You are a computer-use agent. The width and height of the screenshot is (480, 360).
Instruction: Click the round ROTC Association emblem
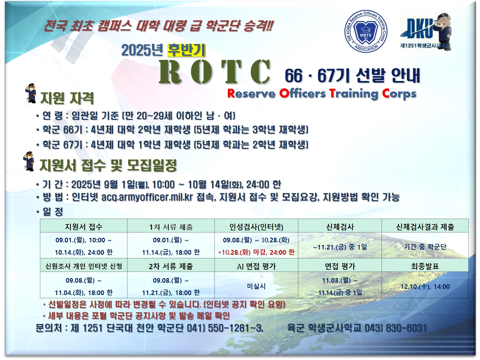click(x=366, y=31)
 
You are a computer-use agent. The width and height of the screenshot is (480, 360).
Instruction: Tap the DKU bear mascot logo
click(x=425, y=31)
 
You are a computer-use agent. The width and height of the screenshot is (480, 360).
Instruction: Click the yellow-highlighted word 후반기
click(x=186, y=50)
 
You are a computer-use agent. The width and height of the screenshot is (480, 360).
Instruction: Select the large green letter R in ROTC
click(x=170, y=72)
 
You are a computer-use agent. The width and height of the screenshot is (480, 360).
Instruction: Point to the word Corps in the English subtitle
click(x=399, y=94)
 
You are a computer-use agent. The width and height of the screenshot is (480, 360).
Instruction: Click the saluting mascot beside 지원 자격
click(x=31, y=93)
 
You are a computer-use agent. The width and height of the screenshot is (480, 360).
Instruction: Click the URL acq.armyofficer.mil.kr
click(x=147, y=197)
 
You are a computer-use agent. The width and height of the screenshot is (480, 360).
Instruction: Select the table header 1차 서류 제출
click(x=171, y=227)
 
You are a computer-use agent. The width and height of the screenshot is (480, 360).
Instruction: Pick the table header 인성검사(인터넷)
click(x=256, y=227)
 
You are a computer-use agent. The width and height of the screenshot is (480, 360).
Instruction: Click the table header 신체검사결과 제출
click(x=425, y=227)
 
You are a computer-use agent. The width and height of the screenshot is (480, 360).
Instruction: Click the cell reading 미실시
click(x=256, y=286)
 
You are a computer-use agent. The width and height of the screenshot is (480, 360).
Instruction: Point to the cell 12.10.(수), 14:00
click(x=425, y=286)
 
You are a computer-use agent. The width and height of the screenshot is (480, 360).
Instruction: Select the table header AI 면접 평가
click(x=256, y=266)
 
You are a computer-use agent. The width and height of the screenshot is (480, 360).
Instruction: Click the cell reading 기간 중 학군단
click(x=425, y=247)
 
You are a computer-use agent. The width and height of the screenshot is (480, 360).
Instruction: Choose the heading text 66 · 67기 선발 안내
click(x=352, y=75)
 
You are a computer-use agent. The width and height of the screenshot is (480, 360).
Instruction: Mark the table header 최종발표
click(x=425, y=266)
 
